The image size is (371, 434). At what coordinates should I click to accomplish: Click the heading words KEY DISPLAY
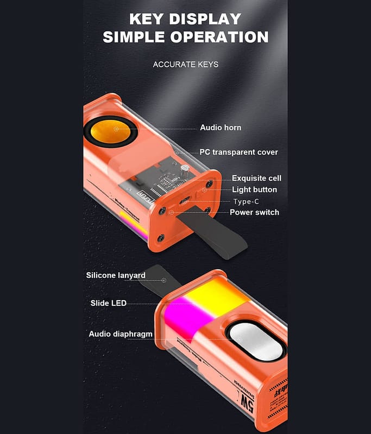click(x=185, y=19)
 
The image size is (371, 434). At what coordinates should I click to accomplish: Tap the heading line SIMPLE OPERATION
click(x=185, y=37)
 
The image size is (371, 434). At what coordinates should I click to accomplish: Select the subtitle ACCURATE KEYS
click(x=185, y=65)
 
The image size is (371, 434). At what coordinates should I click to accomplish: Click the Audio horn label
click(x=221, y=127)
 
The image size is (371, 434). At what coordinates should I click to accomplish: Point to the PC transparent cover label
click(x=238, y=152)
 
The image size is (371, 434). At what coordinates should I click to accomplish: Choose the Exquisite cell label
click(x=256, y=178)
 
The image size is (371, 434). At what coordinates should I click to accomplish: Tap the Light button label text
click(x=254, y=189)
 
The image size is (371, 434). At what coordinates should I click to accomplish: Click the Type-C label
click(x=246, y=201)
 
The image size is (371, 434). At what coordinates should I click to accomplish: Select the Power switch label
click(x=254, y=212)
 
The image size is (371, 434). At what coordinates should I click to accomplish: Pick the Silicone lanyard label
click(x=116, y=275)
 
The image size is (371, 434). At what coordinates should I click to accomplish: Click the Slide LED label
click(x=108, y=303)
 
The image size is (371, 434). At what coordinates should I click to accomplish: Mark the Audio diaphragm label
click(x=121, y=334)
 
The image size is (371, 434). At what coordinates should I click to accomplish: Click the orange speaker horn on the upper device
click(x=113, y=131)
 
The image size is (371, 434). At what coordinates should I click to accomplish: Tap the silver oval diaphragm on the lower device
click(x=255, y=340)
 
